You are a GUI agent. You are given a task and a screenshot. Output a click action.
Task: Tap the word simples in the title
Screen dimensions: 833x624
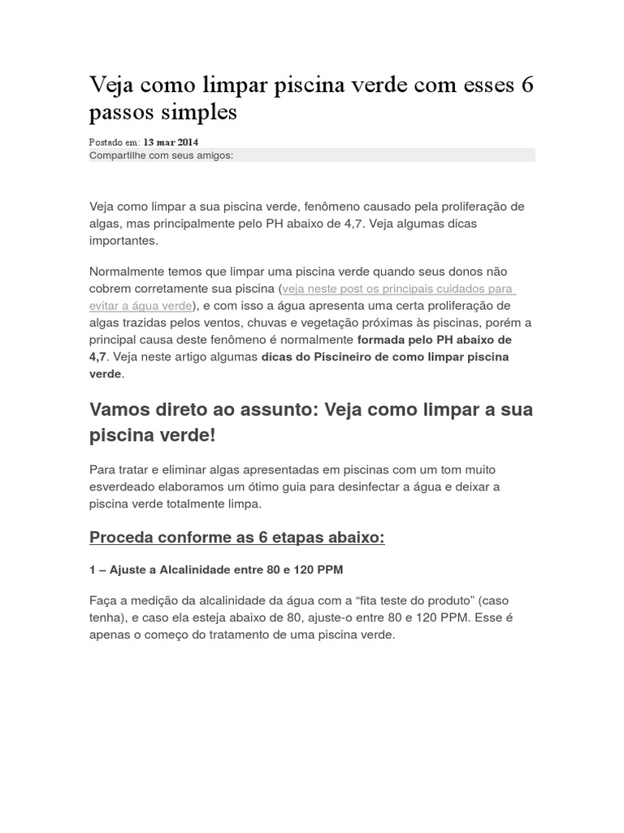click(200, 112)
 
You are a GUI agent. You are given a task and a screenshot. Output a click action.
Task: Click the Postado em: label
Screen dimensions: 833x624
click(115, 142)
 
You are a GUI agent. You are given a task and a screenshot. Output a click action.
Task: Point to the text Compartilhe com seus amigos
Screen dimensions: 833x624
click(161, 155)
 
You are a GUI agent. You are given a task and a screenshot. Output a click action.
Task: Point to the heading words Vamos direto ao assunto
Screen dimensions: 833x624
click(202, 409)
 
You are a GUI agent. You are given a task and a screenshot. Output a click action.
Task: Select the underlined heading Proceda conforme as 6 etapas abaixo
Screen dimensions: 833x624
click(236, 538)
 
